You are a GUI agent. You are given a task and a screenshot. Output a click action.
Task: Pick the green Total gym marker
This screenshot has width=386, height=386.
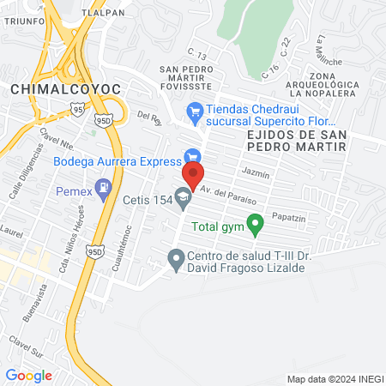(254, 226)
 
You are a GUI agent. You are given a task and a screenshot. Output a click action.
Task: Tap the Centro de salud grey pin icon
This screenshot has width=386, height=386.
(176, 257)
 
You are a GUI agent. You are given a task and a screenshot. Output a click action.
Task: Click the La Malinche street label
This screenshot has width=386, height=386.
(329, 51)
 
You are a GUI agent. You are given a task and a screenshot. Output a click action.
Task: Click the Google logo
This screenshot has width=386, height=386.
(28, 375)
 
